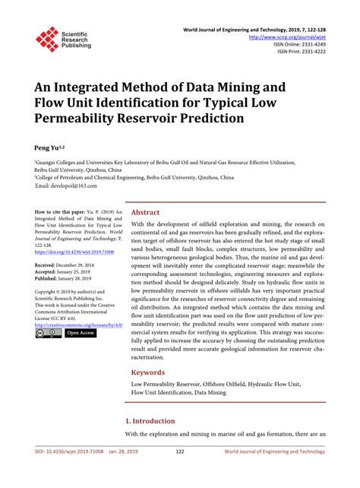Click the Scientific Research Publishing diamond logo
coord(47,38)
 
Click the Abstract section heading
coord(146,214)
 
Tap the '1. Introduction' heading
coord(150,420)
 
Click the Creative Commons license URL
coord(79,324)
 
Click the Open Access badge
coord(80,333)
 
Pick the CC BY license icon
coord(47,333)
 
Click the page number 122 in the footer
coord(180,474)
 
